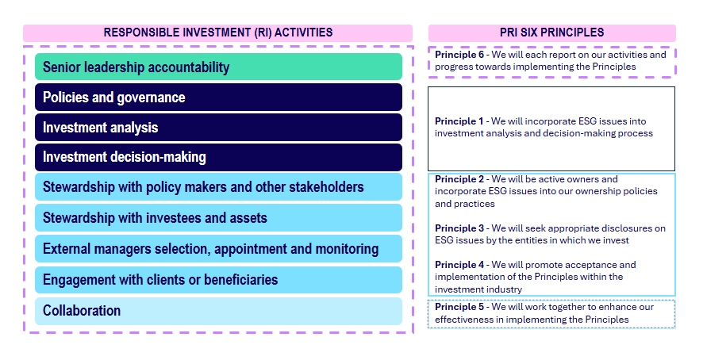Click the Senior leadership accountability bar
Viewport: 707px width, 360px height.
pos(218,67)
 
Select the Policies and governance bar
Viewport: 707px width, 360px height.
pos(218,97)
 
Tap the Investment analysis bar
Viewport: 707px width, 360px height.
pos(218,127)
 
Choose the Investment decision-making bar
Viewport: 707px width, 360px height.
pos(218,157)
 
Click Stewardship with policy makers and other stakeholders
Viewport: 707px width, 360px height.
pos(218,187)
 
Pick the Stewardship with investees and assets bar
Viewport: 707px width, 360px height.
pos(218,217)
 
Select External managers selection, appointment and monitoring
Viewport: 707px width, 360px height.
pos(218,248)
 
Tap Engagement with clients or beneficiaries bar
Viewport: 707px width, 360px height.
pos(218,280)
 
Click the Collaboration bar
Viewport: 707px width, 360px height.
pos(218,311)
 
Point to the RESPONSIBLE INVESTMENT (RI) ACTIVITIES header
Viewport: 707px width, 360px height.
pos(217,33)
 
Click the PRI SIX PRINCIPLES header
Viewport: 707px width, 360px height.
pos(552,33)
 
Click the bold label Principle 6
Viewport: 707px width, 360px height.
pos(459,55)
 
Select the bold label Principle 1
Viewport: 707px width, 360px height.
pos(459,121)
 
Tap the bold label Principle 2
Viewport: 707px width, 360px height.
pos(459,179)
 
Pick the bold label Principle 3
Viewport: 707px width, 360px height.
pos(459,228)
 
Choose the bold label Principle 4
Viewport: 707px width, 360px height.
pos(459,265)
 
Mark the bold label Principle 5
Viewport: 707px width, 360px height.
pos(459,307)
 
